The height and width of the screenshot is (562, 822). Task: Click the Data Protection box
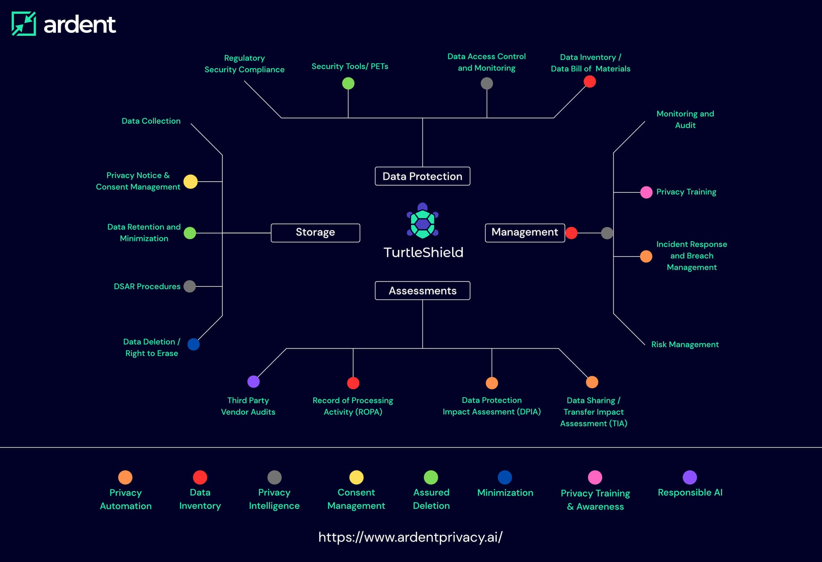coord(423,176)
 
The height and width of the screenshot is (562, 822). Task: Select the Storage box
coord(315,233)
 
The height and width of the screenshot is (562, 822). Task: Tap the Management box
coord(525,233)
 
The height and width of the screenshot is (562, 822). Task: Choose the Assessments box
coord(423,291)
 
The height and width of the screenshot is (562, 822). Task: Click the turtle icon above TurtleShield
coord(423,221)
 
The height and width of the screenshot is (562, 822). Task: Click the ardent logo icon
coord(24,24)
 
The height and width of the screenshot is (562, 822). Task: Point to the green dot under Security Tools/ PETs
coord(348,83)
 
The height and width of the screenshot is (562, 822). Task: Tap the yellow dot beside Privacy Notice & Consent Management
coord(190,181)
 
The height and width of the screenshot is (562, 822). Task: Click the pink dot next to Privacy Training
coord(646,192)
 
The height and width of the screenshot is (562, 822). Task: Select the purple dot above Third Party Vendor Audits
coord(254,382)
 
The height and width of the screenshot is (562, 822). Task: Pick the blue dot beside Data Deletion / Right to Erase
coord(194,344)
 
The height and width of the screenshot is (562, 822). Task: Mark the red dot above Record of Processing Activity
coord(353,383)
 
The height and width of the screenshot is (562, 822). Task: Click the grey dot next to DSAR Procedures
coord(189,286)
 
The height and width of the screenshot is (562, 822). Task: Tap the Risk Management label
coord(685,345)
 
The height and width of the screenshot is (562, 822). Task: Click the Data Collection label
coord(151,121)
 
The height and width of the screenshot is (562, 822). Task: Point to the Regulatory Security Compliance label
coord(245,64)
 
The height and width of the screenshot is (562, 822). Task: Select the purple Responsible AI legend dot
coord(690,477)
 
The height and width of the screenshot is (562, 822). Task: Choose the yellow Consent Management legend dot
coord(356,477)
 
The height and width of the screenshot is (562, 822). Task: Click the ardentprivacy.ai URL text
coord(411,537)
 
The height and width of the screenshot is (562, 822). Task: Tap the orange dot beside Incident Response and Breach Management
coord(646,256)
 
